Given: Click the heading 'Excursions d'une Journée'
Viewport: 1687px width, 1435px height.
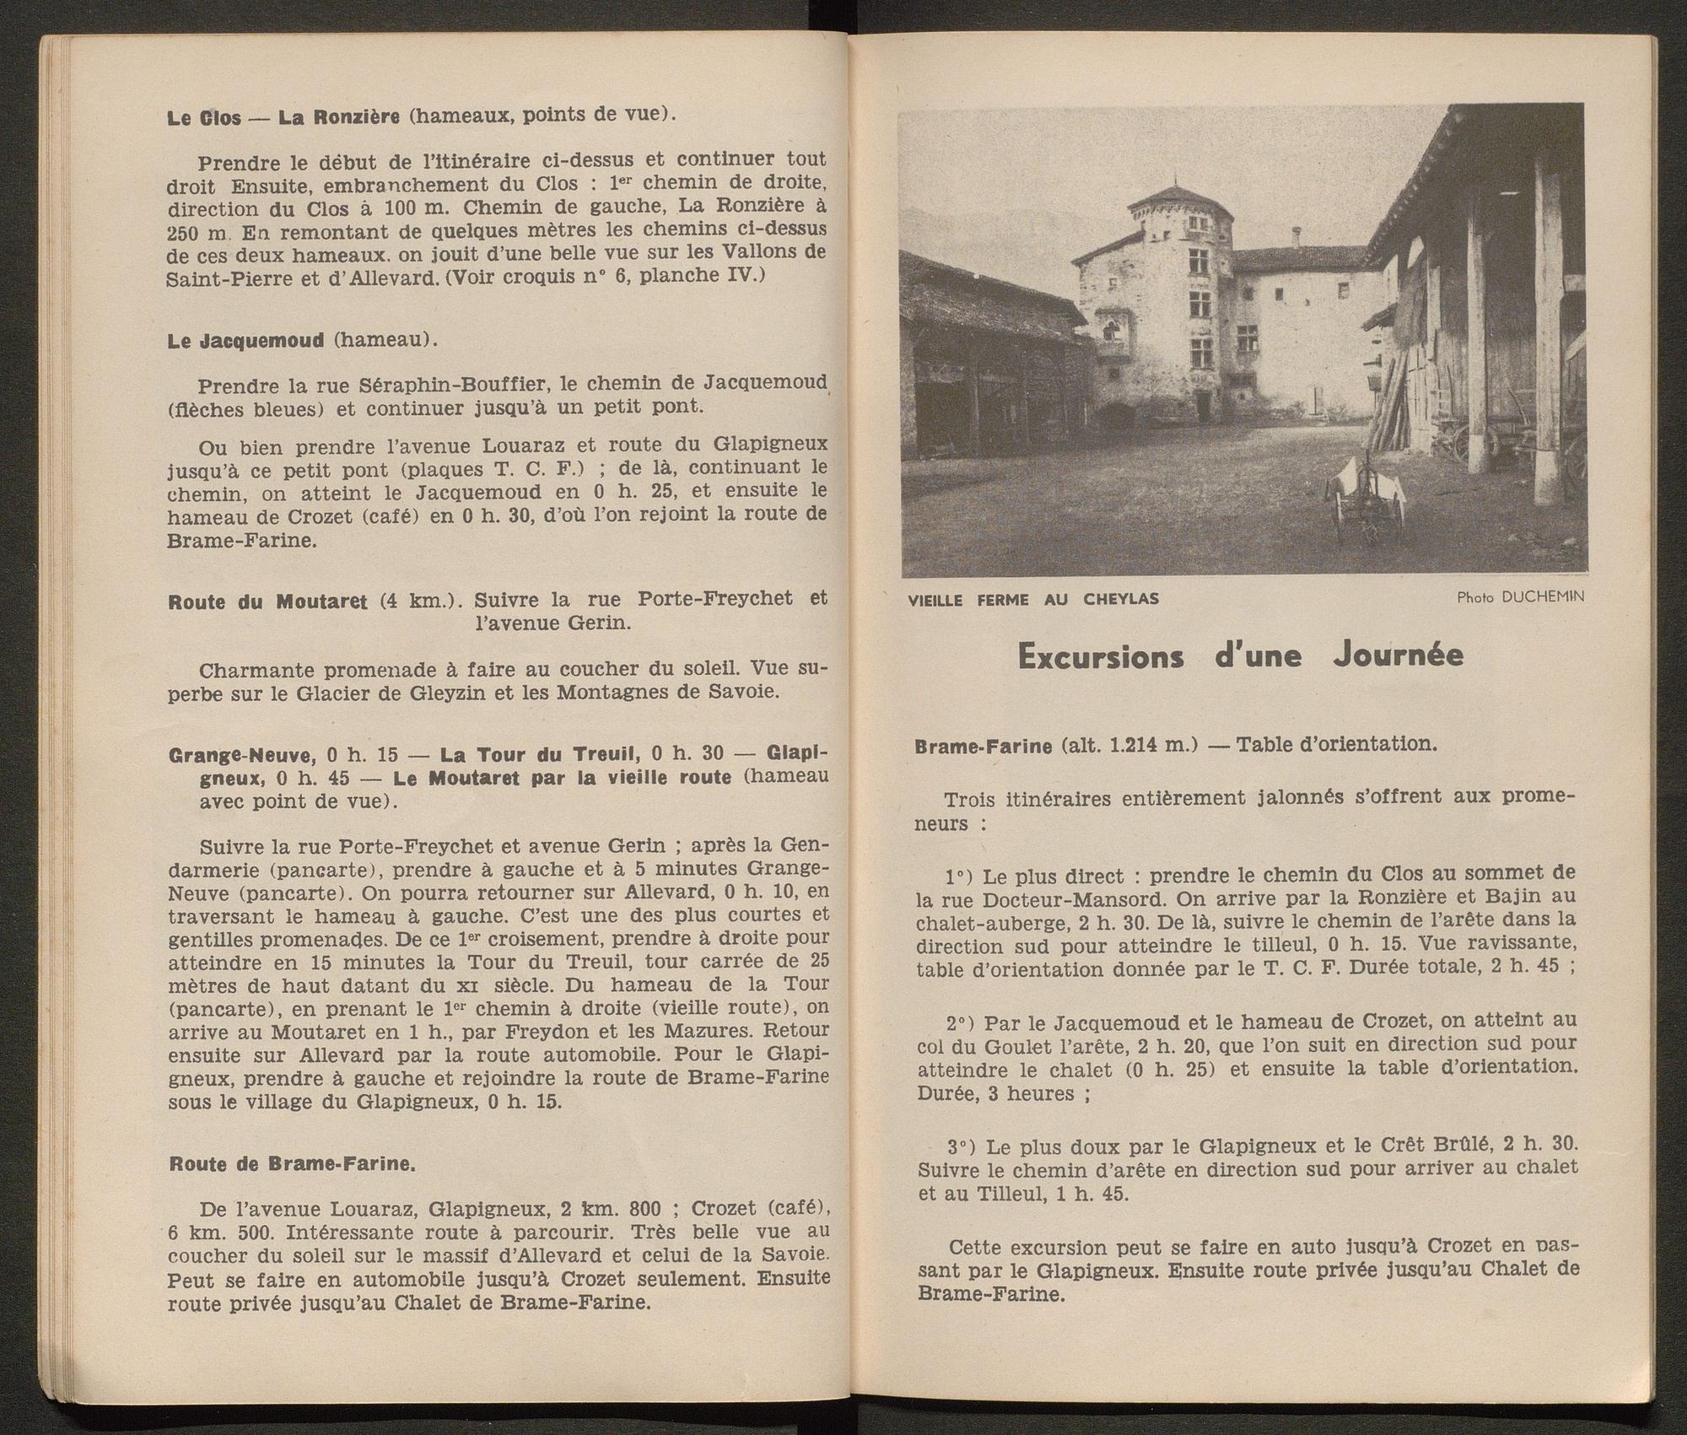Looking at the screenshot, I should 1240,657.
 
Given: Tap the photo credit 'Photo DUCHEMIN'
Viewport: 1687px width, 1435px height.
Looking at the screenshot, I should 1520,597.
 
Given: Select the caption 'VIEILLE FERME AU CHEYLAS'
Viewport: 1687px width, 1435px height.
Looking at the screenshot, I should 1033,600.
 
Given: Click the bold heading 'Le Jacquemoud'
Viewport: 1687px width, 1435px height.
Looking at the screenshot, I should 245,342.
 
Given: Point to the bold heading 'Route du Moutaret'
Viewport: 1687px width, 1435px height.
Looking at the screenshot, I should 267,602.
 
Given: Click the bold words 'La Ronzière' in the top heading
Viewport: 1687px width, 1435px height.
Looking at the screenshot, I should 338,117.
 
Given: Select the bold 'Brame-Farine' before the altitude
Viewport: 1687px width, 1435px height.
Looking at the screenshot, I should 983,746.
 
